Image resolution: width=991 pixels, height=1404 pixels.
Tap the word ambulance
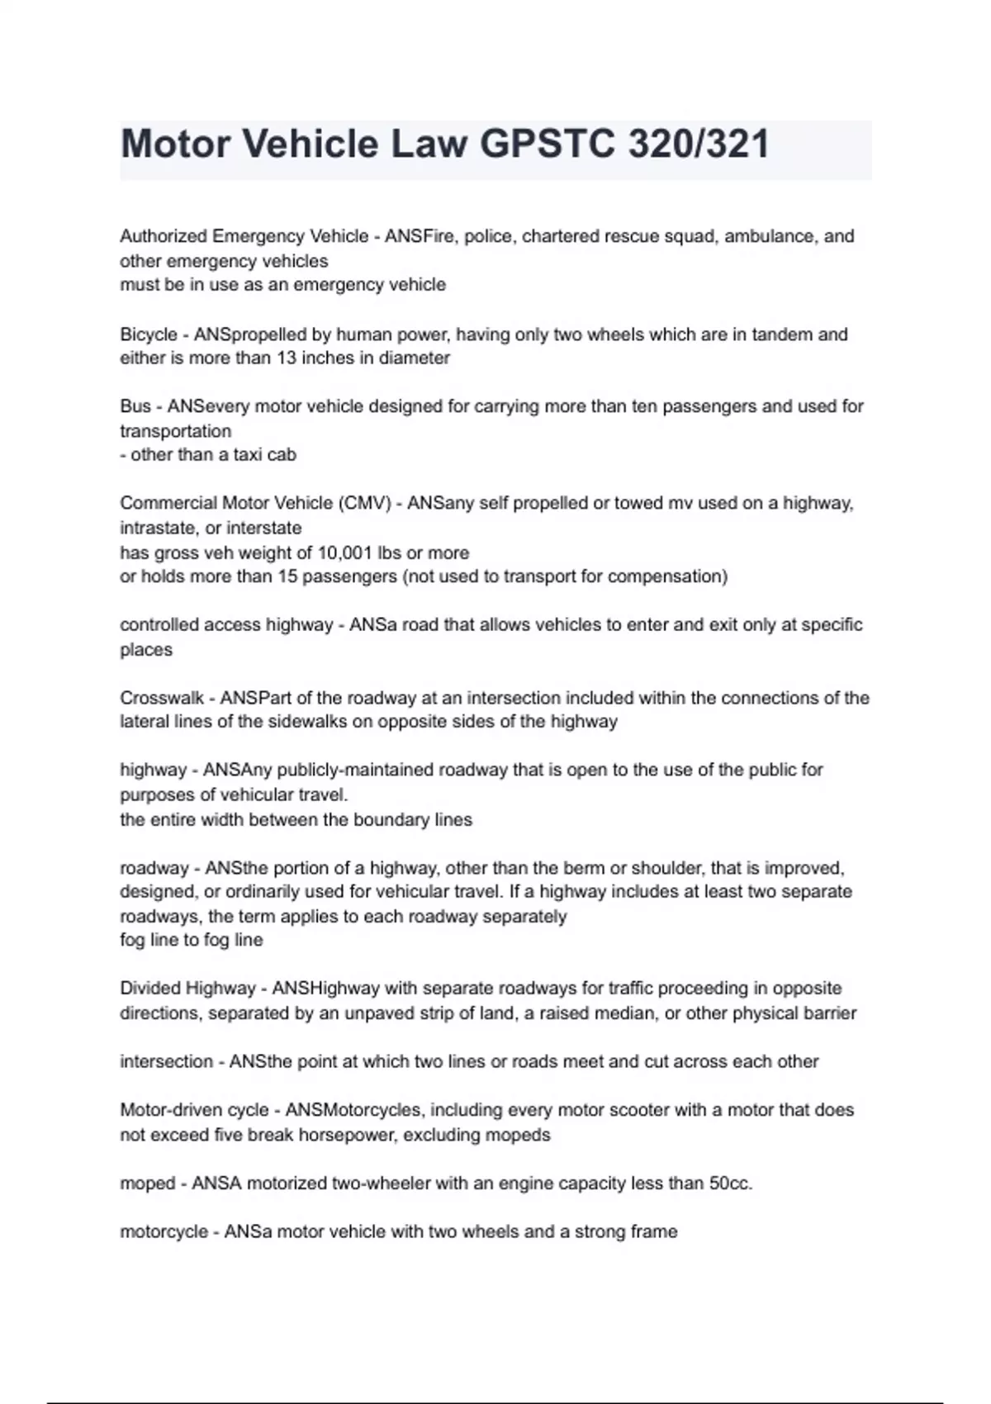769,236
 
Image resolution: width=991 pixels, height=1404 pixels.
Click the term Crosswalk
162,698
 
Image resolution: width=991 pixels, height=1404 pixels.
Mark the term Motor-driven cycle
194,1110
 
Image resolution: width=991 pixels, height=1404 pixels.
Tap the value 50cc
731,1183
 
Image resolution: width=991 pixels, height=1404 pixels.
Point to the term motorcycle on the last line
164,1232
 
